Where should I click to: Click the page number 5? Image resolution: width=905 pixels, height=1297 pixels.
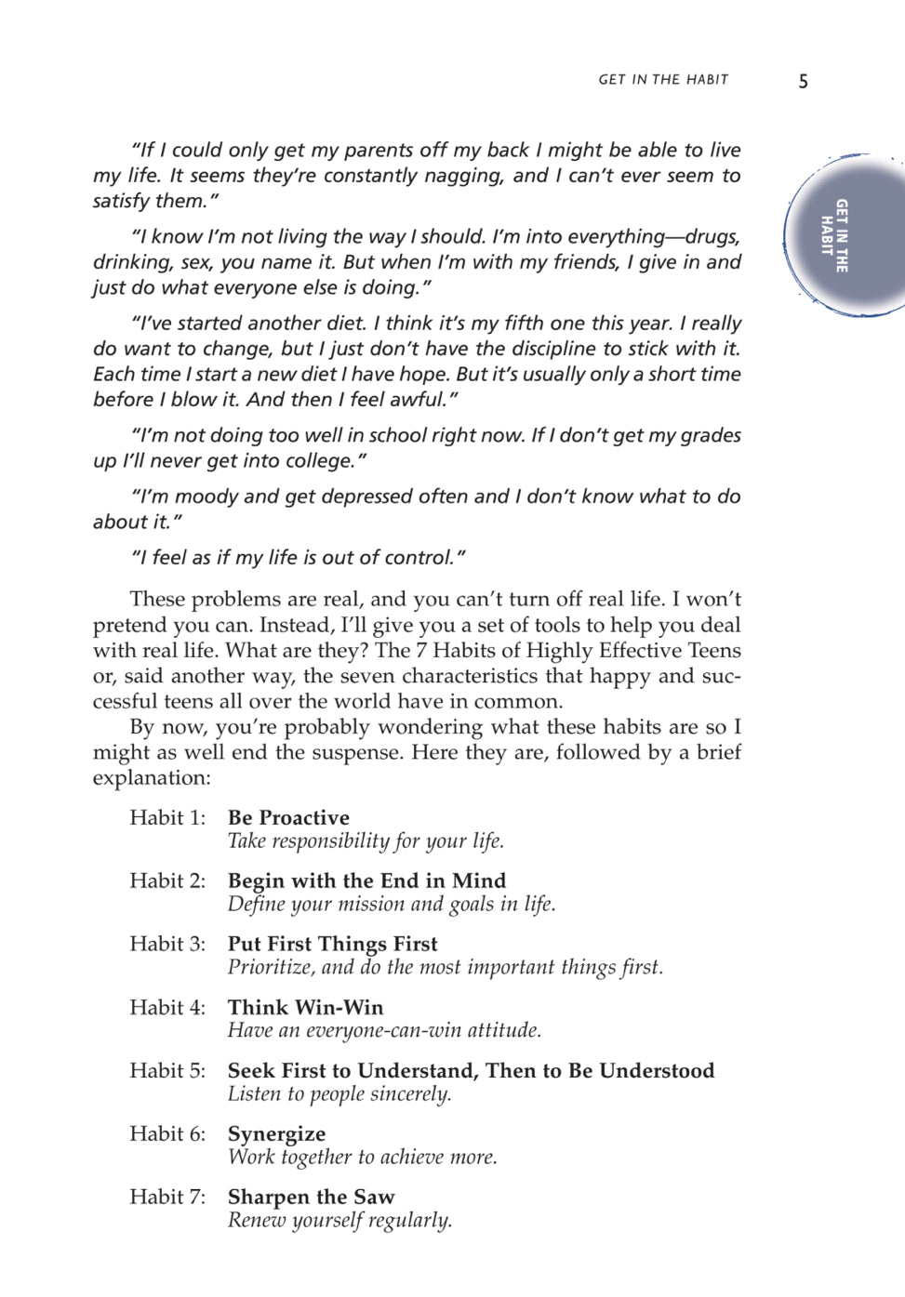tap(803, 82)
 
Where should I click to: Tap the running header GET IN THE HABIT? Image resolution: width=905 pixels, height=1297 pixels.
tap(663, 80)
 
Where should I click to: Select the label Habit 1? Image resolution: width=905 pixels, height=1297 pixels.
tap(167, 818)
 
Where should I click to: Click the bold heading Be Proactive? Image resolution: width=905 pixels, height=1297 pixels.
tap(288, 818)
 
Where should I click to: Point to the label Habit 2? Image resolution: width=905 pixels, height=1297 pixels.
tap(167, 881)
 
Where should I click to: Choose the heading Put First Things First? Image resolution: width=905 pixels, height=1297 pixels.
tap(332, 945)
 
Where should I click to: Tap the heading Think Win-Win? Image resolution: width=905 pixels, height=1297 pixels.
tap(305, 1008)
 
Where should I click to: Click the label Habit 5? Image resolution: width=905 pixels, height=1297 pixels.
tap(167, 1071)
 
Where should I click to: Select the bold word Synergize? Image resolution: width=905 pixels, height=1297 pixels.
tap(276, 1134)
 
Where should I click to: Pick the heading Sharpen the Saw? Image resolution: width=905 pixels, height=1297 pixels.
tap(311, 1198)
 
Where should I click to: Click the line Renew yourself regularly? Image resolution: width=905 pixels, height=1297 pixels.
tap(339, 1221)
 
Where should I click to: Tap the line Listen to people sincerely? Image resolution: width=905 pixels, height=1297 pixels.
tap(339, 1094)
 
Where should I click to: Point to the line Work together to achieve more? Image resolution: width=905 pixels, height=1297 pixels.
tap(362, 1158)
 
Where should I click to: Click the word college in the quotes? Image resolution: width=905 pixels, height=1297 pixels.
tap(319, 461)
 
